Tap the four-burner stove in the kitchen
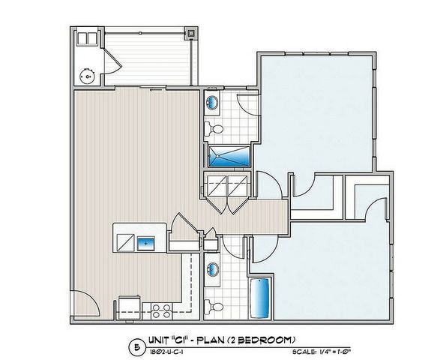click(x=159, y=309)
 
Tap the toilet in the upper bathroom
click(x=217, y=130)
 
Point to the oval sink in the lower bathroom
click(x=211, y=268)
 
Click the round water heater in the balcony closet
click(x=88, y=75)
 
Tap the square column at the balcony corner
click(x=192, y=34)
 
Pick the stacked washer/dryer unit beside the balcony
click(x=88, y=39)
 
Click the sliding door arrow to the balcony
click(x=158, y=88)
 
